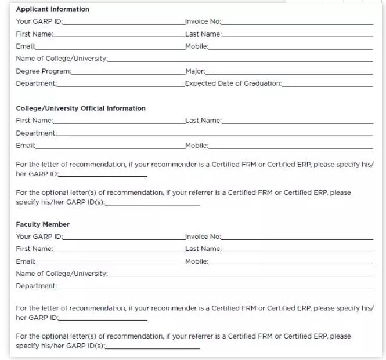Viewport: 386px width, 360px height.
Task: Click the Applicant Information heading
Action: pyautogui.click(x=53, y=9)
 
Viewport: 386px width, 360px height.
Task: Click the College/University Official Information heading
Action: pyautogui.click(x=81, y=108)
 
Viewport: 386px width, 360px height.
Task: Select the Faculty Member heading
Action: pyautogui.click(x=43, y=224)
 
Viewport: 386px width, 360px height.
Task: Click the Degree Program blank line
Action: pyautogui.click(x=128, y=72)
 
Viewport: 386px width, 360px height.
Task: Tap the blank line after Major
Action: pyautogui.click(x=289, y=72)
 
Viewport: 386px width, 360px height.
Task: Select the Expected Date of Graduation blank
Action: pyautogui.click(x=327, y=84)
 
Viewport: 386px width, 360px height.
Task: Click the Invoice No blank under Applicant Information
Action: pyautogui.click(x=297, y=22)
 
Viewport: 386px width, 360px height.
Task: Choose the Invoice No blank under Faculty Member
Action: pyautogui.click(x=297, y=237)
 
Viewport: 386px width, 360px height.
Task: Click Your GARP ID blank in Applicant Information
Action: pyautogui.click(x=124, y=22)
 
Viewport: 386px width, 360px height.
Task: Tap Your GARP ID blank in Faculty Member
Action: pyautogui.click(x=124, y=237)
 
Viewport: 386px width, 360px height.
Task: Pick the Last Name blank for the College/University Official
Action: pyautogui.click(x=297, y=121)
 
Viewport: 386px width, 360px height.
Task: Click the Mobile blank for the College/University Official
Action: pyautogui.click(x=291, y=146)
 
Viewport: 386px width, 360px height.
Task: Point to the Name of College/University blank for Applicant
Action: pyautogui.click(x=240, y=60)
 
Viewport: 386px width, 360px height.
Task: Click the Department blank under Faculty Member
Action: pyautogui.click(x=215, y=286)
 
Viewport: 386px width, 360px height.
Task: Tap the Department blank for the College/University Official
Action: pyautogui.click(x=215, y=134)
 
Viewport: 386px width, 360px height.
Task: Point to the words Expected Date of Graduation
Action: pyautogui.click(x=233, y=83)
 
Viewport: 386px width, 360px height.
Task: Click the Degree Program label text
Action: pyautogui.click(x=44, y=71)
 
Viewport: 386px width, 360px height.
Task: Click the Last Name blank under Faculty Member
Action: pyautogui.click(x=297, y=249)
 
